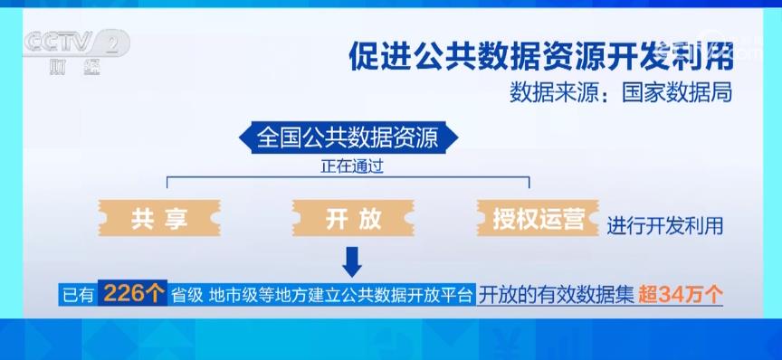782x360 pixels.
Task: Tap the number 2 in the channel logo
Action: [113, 43]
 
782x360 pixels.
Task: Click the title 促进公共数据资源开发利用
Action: [540, 56]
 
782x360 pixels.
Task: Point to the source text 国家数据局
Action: [677, 93]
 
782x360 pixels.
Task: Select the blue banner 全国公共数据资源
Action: [348, 137]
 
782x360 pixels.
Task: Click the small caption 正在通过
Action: [351, 166]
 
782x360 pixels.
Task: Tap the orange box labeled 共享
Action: [159, 218]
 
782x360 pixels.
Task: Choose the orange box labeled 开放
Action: [353, 218]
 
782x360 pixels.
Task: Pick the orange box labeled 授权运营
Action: [539, 218]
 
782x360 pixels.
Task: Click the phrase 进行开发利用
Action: [665, 226]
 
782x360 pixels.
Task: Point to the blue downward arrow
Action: [352, 261]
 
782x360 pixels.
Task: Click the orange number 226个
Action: [133, 294]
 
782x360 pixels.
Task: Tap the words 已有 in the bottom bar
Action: [78, 296]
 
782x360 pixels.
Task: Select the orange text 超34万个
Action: [681, 296]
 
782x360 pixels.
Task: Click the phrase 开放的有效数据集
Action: [557, 296]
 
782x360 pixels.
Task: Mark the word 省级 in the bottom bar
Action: [187, 296]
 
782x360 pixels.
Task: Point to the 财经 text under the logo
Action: [75, 66]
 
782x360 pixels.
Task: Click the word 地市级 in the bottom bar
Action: [234, 296]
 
